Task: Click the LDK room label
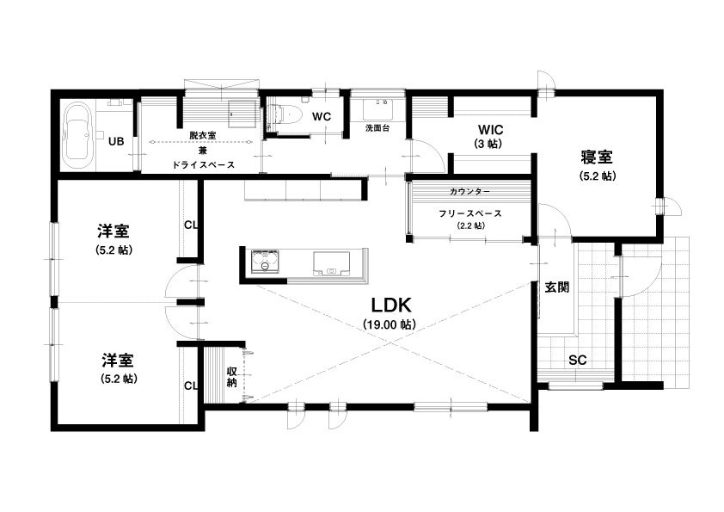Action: tap(391, 305)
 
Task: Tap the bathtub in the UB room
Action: tap(77, 137)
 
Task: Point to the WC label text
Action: tap(322, 116)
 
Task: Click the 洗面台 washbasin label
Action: tap(377, 128)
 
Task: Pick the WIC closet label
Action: tap(490, 129)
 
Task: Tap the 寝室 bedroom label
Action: tap(597, 157)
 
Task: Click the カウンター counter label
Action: tap(470, 191)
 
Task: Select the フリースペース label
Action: tap(470, 213)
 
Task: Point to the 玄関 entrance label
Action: tap(557, 287)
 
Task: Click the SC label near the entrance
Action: tap(577, 360)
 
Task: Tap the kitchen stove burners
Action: tap(265, 261)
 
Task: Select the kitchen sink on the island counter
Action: tap(331, 263)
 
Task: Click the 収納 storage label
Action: tap(232, 377)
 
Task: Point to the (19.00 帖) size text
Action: tap(390, 324)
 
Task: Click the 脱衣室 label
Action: tap(203, 135)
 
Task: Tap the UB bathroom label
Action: tap(116, 141)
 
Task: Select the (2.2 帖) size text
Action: tap(471, 226)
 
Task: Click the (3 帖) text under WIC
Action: tap(488, 144)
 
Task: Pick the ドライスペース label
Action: tap(204, 164)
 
